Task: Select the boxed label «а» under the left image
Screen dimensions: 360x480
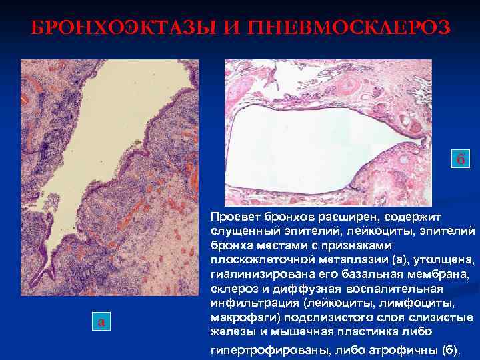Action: (101, 321)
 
